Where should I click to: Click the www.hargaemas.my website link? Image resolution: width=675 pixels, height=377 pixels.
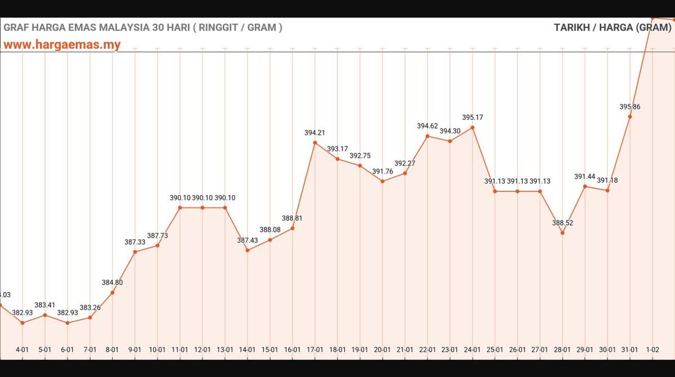click(x=62, y=44)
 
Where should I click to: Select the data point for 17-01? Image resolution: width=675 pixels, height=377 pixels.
click(x=315, y=143)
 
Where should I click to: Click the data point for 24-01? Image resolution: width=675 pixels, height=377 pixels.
click(x=472, y=128)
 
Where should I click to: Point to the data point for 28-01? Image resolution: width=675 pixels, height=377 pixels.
click(x=562, y=233)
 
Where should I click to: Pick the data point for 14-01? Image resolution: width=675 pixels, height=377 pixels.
click(x=247, y=250)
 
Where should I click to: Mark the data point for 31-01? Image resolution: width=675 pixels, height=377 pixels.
click(x=630, y=116)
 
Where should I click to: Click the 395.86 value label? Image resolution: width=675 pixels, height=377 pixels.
click(x=629, y=107)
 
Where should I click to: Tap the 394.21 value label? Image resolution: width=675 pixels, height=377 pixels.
click(x=315, y=133)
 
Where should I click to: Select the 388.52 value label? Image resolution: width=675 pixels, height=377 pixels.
click(x=562, y=223)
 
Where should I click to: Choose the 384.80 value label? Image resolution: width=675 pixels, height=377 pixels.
click(x=112, y=282)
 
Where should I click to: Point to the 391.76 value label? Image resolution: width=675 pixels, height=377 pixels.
click(x=383, y=172)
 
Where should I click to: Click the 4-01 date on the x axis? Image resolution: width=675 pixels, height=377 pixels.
click(x=23, y=349)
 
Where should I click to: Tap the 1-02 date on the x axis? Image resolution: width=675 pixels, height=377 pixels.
click(x=652, y=349)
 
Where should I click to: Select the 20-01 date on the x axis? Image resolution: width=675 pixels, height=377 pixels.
click(x=383, y=349)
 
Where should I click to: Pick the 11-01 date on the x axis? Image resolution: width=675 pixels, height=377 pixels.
click(x=180, y=349)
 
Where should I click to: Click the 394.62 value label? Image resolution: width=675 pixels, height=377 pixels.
click(x=428, y=126)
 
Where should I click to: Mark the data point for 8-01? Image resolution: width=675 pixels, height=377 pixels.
click(x=113, y=293)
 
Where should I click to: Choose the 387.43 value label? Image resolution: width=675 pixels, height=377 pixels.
click(x=247, y=240)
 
